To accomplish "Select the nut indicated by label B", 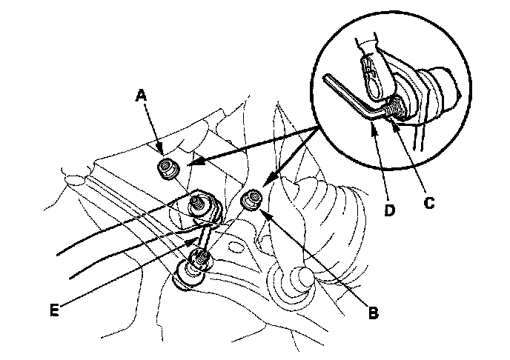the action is tap(253, 199).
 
